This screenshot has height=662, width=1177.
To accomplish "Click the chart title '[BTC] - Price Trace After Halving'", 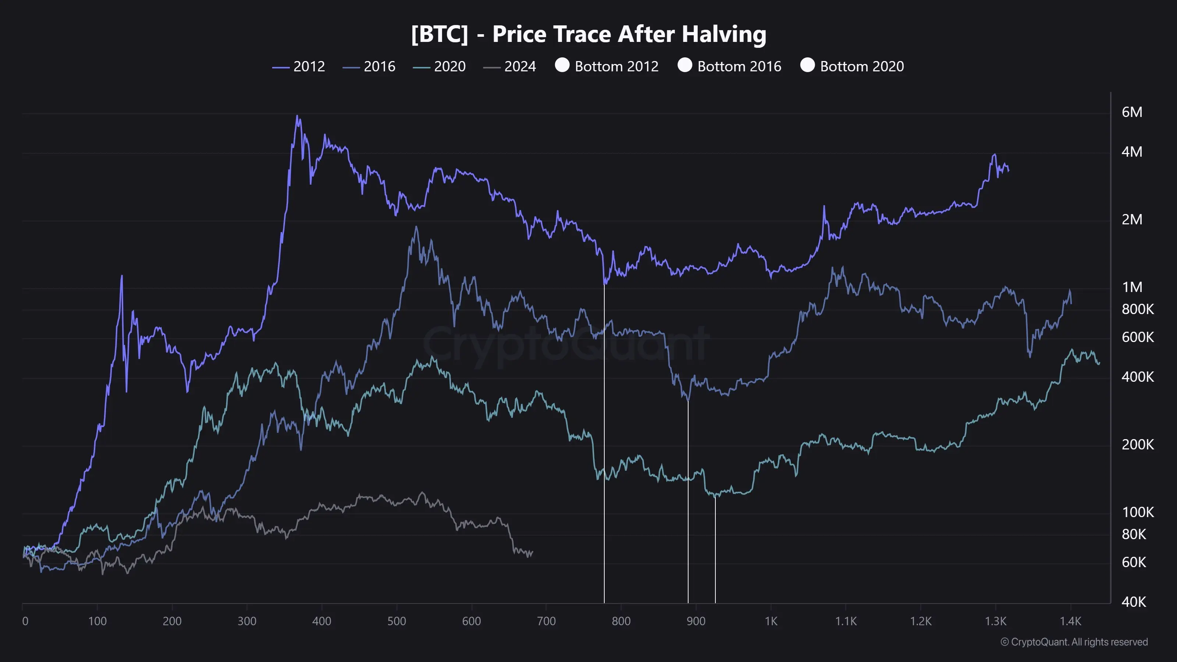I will pos(588,34).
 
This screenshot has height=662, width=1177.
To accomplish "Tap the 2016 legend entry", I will pos(369,67).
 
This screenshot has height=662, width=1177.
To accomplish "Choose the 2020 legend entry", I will pos(440,67).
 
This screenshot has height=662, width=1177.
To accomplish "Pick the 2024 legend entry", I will pos(510,67).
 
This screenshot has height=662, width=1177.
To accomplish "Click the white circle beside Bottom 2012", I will pos(562,65).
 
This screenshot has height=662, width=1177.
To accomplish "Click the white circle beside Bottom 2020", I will pos(807,65).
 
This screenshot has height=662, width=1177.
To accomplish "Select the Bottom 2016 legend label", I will pos(739,67).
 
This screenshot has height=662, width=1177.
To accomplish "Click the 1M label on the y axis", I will pos(1132,287).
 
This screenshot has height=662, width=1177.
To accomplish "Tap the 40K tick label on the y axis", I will pos(1134,602).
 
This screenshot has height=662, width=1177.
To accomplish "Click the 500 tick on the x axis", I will pos(397,621).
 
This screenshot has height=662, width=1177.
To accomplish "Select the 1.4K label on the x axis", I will pos(1070,621).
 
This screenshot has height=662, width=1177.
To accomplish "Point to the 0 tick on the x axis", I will pos(25,621).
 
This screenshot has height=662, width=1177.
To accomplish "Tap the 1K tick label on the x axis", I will pos(771,621).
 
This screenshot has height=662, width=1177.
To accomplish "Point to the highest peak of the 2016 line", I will pos(416,227).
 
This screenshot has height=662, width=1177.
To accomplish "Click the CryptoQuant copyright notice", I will pos(1074,642).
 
